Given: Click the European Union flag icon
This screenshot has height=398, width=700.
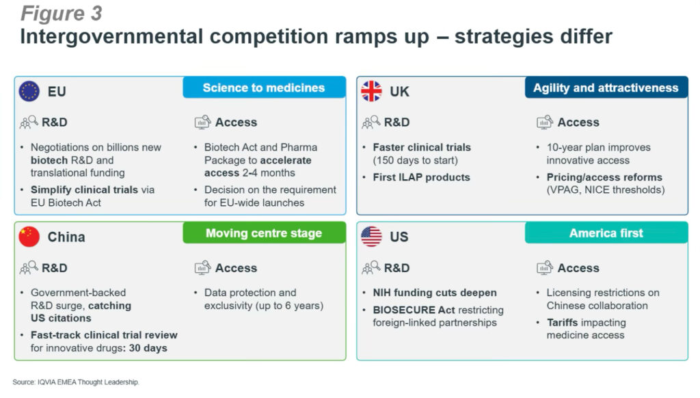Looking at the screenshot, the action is (x=29, y=91).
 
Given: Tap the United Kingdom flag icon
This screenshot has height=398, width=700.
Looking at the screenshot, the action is (x=371, y=91).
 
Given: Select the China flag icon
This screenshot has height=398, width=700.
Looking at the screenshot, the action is (x=29, y=237).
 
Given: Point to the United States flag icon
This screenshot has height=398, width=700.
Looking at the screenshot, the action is (x=371, y=237).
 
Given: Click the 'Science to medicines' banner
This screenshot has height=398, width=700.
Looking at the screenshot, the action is (x=265, y=88).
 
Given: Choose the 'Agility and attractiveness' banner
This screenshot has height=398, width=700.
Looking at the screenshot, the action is (x=606, y=88).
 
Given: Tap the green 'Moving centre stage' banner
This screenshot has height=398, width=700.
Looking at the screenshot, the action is (x=265, y=233).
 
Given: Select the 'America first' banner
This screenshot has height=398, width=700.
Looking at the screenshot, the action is (x=606, y=233).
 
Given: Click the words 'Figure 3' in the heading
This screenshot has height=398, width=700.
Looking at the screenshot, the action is (x=62, y=14).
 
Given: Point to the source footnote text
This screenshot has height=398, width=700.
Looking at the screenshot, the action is (x=76, y=382).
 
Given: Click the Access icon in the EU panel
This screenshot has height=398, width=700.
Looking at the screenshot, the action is (x=202, y=122).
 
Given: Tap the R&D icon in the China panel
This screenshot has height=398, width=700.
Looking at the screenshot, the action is (x=29, y=267).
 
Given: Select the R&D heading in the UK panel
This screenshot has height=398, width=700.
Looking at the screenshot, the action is (x=397, y=122).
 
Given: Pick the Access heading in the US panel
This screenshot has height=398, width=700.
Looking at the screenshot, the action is (x=578, y=267).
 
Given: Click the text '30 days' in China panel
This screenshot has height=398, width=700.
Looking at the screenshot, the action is (x=148, y=348).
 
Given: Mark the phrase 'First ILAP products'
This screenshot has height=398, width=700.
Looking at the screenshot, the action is (x=421, y=177).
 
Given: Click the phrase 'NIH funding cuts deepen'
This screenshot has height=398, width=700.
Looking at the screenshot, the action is (x=435, y=293).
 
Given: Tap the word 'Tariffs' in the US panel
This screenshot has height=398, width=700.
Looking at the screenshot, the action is (x=565, y=323).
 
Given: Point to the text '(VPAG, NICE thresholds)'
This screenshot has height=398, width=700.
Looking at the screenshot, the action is (x=606, y=190).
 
